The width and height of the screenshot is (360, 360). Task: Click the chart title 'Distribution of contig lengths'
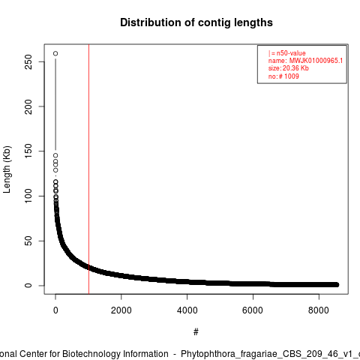pyautogui.click(x=196, y=22)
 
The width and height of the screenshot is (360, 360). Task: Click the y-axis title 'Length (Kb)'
pyautogui.click(x=7, y=169)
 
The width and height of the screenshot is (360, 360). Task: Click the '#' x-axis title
pyautogui.click(x=196, y=331)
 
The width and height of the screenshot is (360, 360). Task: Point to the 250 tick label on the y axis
pyautogui.click(x=28, y=61)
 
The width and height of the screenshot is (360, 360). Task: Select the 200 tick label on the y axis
pyautogui.click(x=28, y=106)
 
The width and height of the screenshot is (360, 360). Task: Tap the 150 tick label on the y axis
pyautogui.click(x=28, y=151)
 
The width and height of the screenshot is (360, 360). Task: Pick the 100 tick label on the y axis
pyautogui.click(x=28, y=196)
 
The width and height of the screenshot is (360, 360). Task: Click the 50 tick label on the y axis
pyautogui.click(x=28, y=241)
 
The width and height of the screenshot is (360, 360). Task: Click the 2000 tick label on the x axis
pyautogui.click(x=121, y=310)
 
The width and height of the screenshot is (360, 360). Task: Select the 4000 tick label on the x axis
pyautogui.click(x=187, y=310)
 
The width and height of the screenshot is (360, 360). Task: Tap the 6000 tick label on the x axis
pyautogui.click(x=253, y=310)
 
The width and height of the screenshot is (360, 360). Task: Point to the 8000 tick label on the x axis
pyautogui.click(x=319, y=310)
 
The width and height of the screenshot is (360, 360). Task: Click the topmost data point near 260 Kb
pyautogui.click(x=55, y=53)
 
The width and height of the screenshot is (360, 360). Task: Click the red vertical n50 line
pyautogui.click(x=88, y=169)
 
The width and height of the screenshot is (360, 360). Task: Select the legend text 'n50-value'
pyautogui.click(x=291, y=53)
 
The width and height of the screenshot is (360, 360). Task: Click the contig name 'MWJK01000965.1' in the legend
pyautogui.click(x=316, y=61)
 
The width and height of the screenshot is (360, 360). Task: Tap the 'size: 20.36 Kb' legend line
pyautogui.click(x=289, y=68)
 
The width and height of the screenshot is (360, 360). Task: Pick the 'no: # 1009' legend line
pyautogui.click(x=283, y=76)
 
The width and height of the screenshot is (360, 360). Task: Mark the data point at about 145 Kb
pyautogui.click(x=55, y=155)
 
